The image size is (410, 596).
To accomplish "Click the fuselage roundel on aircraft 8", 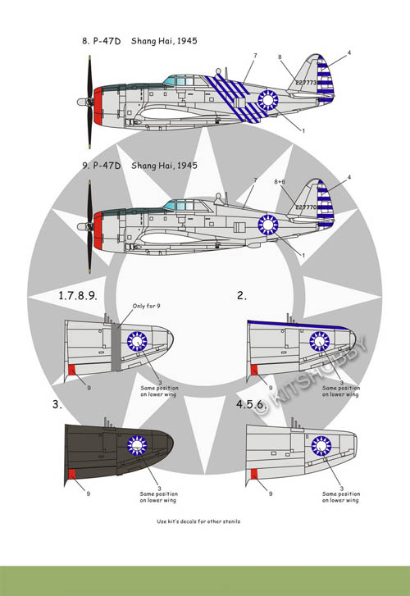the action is [x=268, y=100].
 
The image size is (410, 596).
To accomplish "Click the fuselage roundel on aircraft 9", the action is [x=268, y=225].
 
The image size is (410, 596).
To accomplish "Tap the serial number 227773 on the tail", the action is [x=306, y=82].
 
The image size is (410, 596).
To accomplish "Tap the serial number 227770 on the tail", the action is [x=306, y=207].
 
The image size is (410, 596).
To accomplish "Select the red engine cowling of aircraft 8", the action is [x=98, y=106].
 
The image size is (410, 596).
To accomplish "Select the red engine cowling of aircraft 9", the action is [x=98, y=230].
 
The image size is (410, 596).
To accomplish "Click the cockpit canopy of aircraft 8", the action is [x=180, y=80].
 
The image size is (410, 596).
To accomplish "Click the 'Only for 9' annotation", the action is [x=146, y=306].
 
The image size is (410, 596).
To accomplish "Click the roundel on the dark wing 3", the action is [x=137, y=445].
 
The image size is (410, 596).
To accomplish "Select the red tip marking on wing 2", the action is [x=254, y=370].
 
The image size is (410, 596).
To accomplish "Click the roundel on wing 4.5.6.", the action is [x=321, y=446].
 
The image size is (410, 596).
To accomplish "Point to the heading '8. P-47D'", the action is [x=101, y=41].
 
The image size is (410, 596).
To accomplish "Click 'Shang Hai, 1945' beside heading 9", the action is [x=164, y=166].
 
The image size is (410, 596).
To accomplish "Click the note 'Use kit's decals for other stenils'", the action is [x=198, y=521].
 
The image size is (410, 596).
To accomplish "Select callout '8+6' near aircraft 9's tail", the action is [x=280, y=182].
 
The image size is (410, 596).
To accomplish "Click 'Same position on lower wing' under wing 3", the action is [x=158, y=497].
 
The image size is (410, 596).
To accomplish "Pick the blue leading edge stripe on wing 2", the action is [x=298, y=324].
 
